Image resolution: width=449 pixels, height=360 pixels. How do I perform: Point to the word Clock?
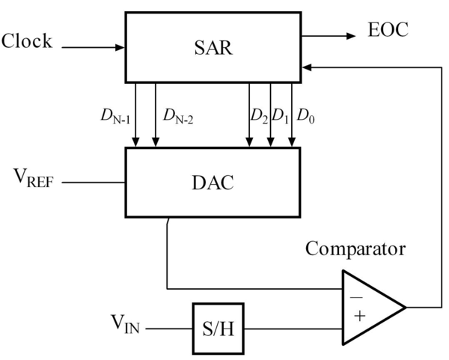click(28, 41)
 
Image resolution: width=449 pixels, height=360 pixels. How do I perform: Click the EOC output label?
click(388, 31)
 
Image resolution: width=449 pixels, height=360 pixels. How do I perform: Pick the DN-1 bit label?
click(115, 117)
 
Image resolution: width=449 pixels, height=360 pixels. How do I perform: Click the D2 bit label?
click(258, 117)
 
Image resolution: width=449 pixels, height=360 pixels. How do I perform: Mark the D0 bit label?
click(305, 117)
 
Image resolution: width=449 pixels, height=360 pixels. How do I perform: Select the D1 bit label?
click(280, 117)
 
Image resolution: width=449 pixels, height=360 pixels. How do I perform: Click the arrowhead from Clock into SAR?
click(120, 47)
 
